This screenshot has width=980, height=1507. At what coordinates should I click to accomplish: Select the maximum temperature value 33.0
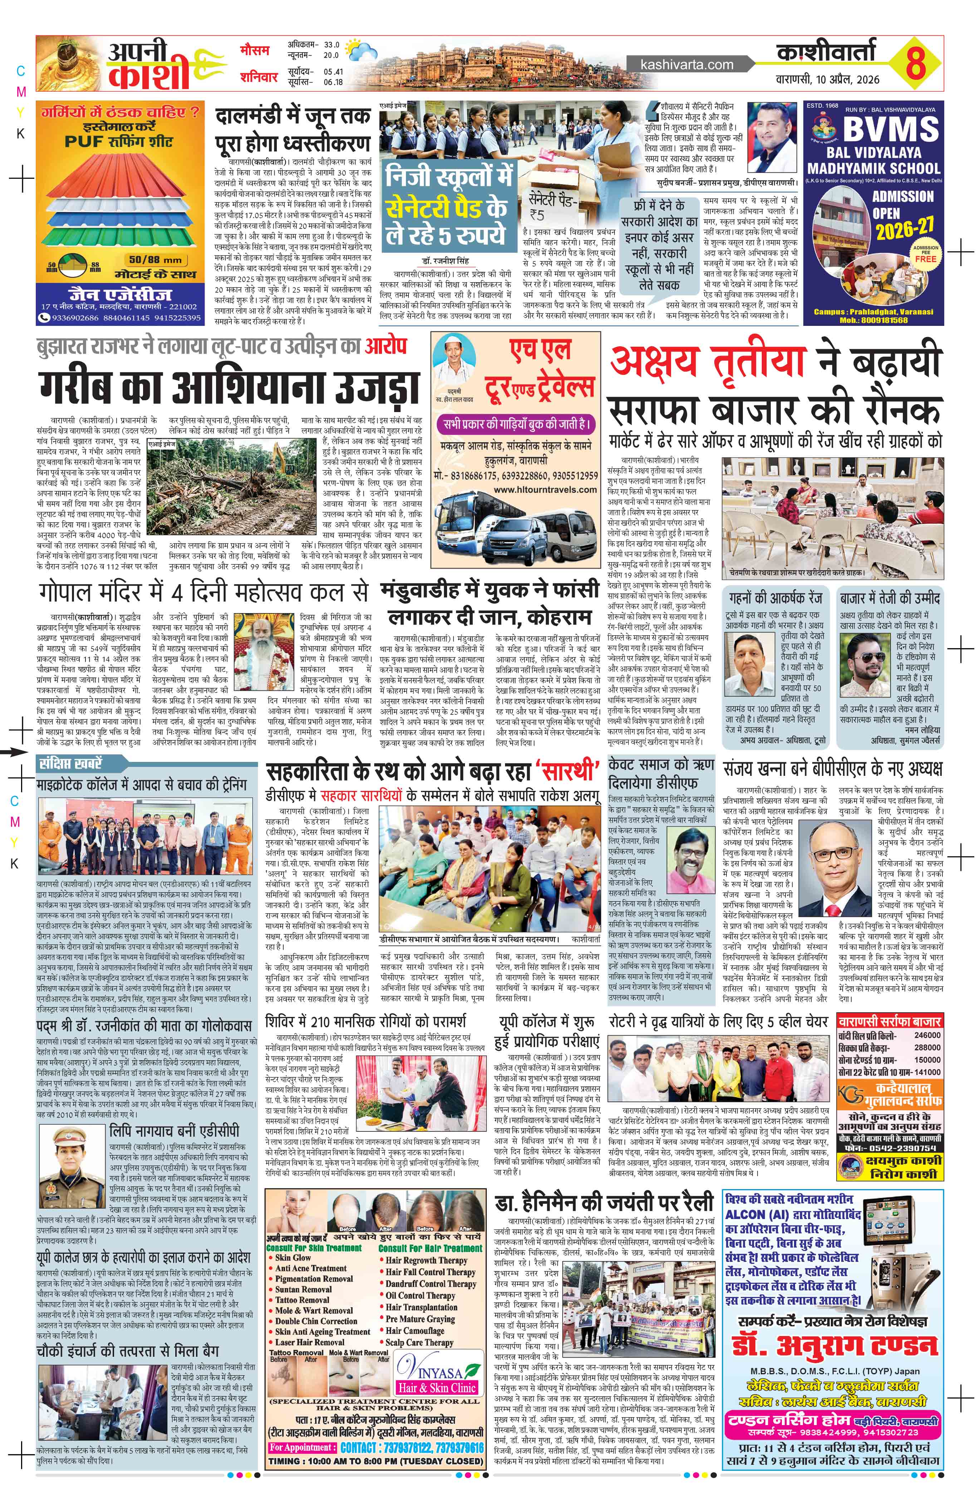point(332,45)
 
